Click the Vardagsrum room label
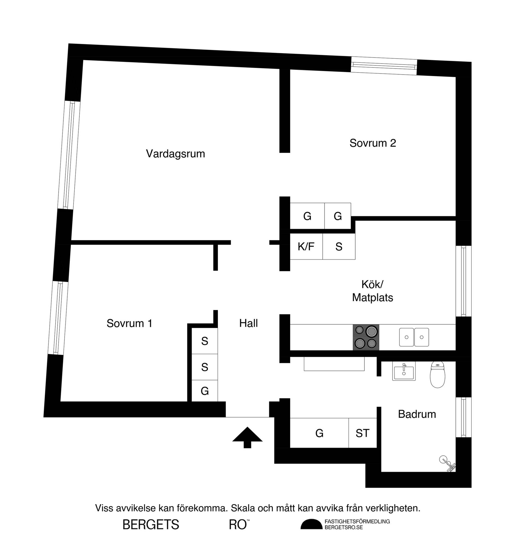click(175, 154)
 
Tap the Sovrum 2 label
click(373, 143)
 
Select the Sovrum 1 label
click(129, 323)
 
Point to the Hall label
click(249, 323)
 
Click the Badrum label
click(417, 414)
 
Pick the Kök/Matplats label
click(373, 291)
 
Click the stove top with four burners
click(366, 337)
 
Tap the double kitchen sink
click(414, 337)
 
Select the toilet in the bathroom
click(437, 374)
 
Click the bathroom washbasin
click(404, 371)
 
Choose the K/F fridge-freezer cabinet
click(306, 246)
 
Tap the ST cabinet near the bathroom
click(363, 433)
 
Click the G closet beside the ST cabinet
click(319, 433)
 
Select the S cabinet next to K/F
click(339, 246)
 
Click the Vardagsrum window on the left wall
click(69, 155)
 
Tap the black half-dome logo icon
click(311, 524)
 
